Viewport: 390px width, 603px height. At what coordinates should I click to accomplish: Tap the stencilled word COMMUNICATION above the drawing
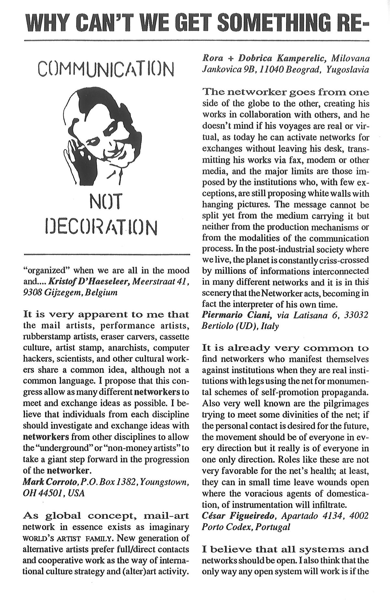pos(106,69)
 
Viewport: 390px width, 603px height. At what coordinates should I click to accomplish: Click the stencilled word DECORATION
pos(100,226)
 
